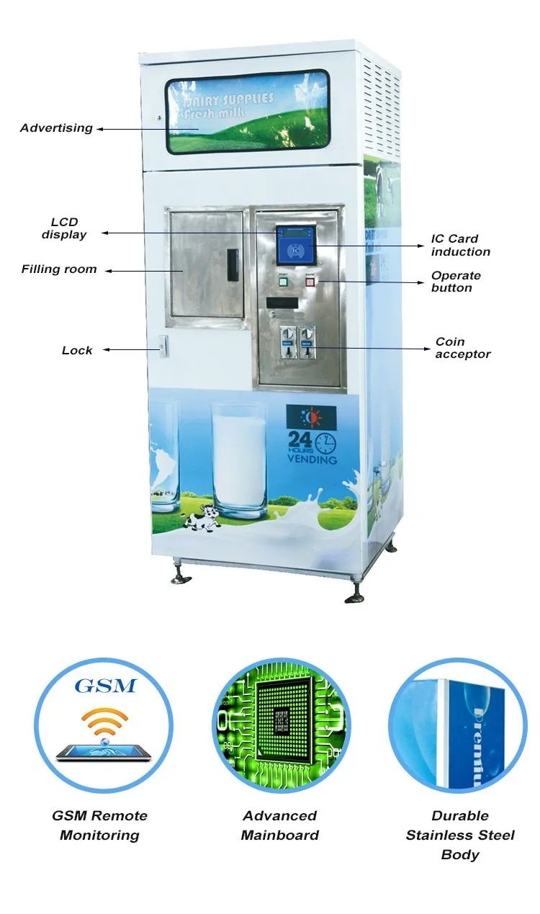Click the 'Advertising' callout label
click(x=56, y=128)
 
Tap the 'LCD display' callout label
click(x=64, y=228)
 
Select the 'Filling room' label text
click(x=59, y=269)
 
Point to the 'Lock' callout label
click(x=77, y=351)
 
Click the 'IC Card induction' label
click(x=461, y=245)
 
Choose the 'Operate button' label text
click(x=456, y=282)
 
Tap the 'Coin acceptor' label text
click(x=463, y=348)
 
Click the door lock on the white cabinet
click(x=163, y=347)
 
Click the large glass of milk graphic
click(x=239, y=458)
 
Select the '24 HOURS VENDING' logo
click(x=312, y=436)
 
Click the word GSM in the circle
click(x=105, y=685)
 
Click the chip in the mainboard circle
click(x=280, y=723)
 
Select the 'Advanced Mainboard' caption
click(x=279, y=825)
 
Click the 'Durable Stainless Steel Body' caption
click(x=460, y=835)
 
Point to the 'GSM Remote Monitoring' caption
click(x=99, y=825)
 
